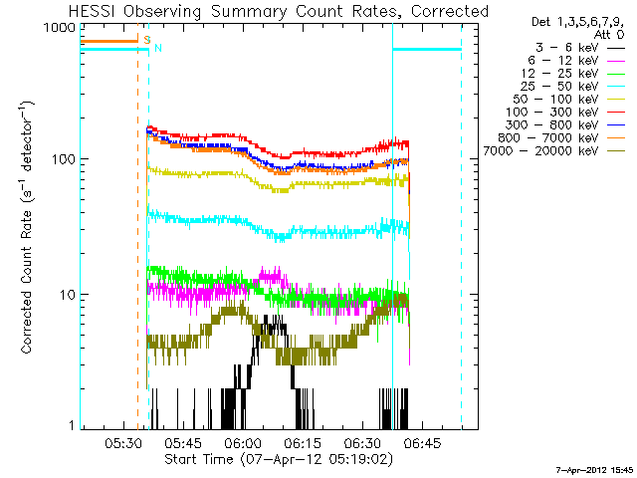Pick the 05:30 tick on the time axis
coord(122,443)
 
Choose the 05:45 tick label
coord(182,443)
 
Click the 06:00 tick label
coord(242,443)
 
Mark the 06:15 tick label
coord(302,443)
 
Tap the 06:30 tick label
coord(361,443)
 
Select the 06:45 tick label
coord(421,443)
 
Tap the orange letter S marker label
coord(146,41)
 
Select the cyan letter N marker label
coord(157,48)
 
